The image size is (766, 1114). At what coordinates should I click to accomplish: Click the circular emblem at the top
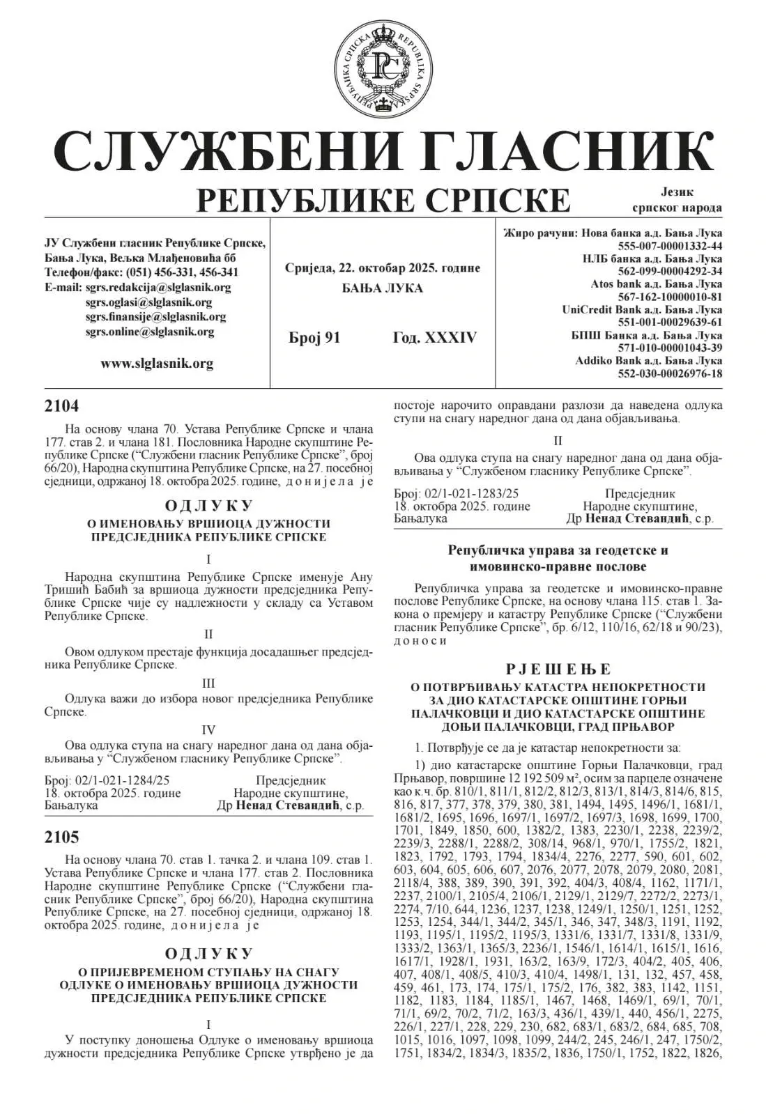click(x=383, y=68)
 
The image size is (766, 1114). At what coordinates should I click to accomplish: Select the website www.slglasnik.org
click(x=157, y=363)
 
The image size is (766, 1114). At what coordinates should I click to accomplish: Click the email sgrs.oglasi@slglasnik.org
click(x=148, y=302)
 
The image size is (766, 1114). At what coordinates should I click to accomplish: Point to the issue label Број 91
click(x=314, y=338)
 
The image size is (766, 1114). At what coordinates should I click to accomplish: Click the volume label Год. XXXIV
click(x=435, y=338)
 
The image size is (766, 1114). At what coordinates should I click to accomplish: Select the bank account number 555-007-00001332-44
click(x=670, y=246)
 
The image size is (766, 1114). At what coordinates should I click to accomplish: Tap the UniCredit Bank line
click(x=642, y=309)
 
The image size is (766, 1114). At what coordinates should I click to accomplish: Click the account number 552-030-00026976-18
click(x=670, y=373)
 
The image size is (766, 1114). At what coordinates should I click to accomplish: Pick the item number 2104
click(x=62, y=406)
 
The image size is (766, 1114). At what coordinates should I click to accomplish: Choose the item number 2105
click(x=62, y=837)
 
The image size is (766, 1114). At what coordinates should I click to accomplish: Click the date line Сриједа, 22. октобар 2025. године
click(x=383, y=268)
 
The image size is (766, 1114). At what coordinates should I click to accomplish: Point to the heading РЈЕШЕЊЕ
click(x=558, y=670)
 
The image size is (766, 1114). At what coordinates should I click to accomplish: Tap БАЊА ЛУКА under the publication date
click(x=382, y=288)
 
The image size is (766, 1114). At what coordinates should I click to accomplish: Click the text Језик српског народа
click(x=677, y=200)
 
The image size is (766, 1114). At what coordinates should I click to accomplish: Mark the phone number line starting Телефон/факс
click(x=141, y=272)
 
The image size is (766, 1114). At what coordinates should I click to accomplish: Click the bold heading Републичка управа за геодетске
click(x=558, y=550)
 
